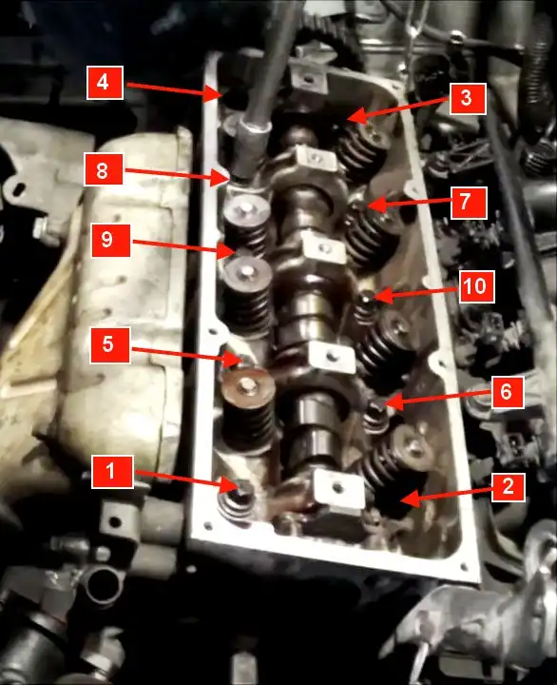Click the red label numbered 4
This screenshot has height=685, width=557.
click(x=105, y=83)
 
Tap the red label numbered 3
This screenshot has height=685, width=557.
click(x=468, y=99)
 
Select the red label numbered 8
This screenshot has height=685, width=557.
click(x=104, y=169)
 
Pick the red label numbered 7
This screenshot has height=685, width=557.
click(x=469, y=203)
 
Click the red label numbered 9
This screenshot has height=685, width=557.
click(x=111, y=241)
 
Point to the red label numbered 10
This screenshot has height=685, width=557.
click(x=476, y=286)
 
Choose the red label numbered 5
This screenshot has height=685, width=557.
click(x=110, y=345)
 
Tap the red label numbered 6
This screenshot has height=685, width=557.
click(x=508, y=392)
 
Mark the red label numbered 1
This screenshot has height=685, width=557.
click(x=112, y=472)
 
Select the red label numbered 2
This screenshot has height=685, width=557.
click(x=509, y=486)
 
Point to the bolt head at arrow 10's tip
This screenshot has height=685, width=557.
click(x=367, y=299)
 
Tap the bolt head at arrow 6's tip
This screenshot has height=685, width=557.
click(x=376, y=407)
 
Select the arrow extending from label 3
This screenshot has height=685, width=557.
click(x=398, y=109)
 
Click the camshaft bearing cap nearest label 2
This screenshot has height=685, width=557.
click(x=338, y=490)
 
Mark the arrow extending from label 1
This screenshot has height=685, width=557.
click(x=186, y=479)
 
